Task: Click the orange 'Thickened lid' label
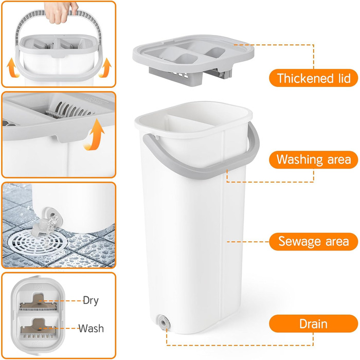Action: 313,78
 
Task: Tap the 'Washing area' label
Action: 313,159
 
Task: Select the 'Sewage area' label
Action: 313,242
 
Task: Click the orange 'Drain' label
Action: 313,323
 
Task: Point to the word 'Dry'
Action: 91,300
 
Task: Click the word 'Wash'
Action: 91,328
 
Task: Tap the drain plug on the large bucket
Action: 164,322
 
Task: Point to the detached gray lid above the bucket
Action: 193,60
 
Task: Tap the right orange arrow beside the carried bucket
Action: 105,68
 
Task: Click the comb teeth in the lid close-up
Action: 69,110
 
